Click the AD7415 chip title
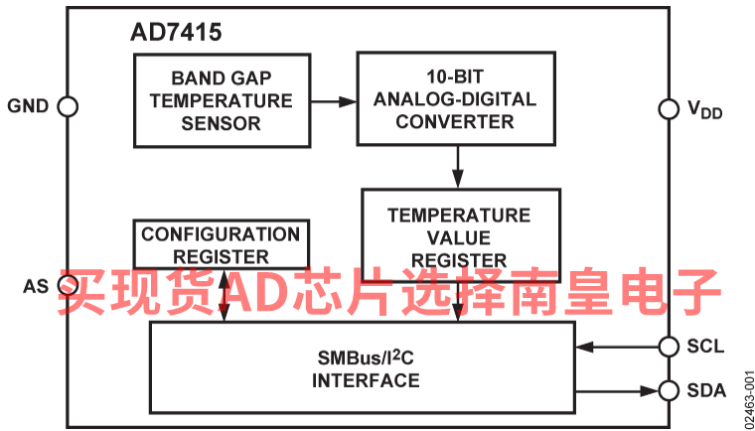[x=176, y=33]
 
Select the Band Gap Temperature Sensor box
[x=222, y=100]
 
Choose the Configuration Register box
[x=220, y=243]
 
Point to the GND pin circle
[x=69, y=106]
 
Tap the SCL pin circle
[x=670, y=346]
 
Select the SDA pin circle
[x=670, y=389]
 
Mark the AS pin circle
[x=69, y=287]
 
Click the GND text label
[x=28, y=106]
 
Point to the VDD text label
[x=705, y=110]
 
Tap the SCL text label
[x=705, y=346]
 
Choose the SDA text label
[x=706, y=389]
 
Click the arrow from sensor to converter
[x=333, y=100]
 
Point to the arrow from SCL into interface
[x=616, y=346]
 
